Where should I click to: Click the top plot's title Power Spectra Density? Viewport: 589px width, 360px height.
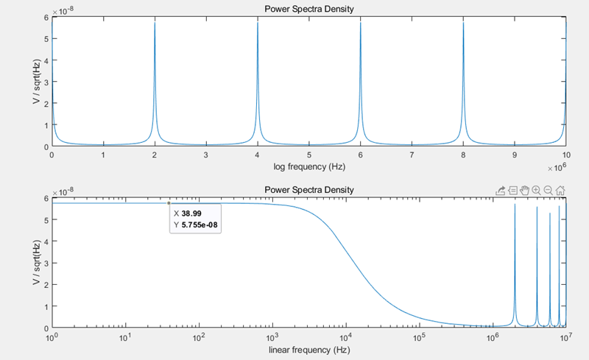click(308, 9)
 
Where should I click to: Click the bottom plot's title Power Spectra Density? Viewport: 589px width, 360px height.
click(308, 190)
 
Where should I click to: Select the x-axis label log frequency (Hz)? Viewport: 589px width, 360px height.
click(308, 167)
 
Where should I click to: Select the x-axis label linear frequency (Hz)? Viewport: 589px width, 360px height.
click(308, 348)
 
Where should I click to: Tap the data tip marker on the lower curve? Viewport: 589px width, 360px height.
click(169, 203)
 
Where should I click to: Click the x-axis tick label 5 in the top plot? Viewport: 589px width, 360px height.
click(308, 156)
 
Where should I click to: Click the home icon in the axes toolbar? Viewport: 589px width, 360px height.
click(560, 190)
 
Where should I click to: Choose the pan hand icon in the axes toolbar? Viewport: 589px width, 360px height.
click(524, 190)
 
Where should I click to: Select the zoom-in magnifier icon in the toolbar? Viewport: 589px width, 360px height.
click(537, 190)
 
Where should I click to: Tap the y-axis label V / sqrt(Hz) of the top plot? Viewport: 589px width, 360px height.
click(36, 80)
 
